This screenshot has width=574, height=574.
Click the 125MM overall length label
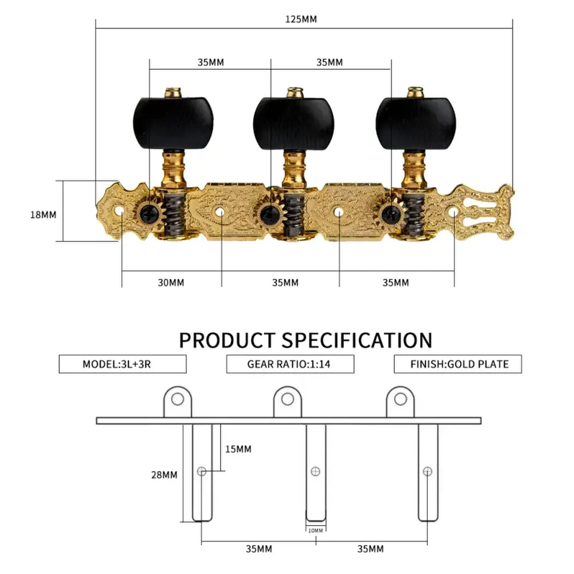tap(301, 20)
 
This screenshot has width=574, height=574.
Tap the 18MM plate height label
tap(43, 215)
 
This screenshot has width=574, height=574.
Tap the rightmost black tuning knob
tap(415, 124)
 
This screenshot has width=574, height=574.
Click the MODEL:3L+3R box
tap(122, 364)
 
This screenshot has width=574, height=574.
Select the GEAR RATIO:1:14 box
tap(290, 364)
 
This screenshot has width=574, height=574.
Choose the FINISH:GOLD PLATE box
tap(458, 364)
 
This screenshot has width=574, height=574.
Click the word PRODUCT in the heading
tap(227, 340)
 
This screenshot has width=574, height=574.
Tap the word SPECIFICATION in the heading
tap(357, 340)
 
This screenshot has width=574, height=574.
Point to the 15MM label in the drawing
tap(238, 449)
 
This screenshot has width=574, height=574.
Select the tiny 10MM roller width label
tap(315, 530)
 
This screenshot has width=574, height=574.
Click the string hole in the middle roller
tap(315, 471)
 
